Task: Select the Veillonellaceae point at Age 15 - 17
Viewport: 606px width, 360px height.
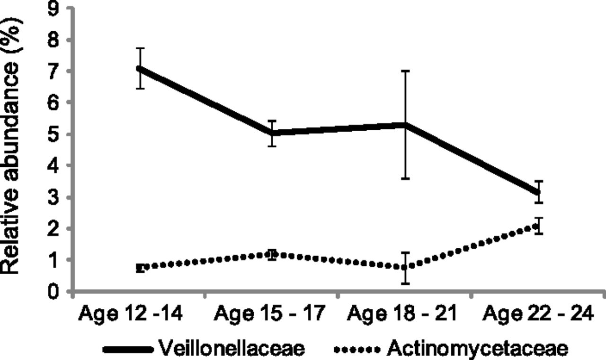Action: [272, 133]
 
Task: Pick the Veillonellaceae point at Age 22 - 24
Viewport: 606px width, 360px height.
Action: [538, 192]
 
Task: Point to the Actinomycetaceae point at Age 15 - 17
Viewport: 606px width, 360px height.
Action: [272, 255]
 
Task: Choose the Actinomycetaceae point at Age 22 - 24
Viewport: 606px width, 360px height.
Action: [538, 226]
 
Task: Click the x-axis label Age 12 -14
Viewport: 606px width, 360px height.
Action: [130, 314]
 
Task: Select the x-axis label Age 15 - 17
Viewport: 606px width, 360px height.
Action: [270, 314]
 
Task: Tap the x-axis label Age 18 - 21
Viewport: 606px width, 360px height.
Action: [402, 314]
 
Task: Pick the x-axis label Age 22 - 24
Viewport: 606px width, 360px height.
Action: [537, 314]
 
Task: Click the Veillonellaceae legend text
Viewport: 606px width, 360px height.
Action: [232, 349]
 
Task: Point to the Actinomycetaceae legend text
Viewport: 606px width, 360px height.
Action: [478, 349]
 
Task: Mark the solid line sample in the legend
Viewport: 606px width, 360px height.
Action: [129, 350]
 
